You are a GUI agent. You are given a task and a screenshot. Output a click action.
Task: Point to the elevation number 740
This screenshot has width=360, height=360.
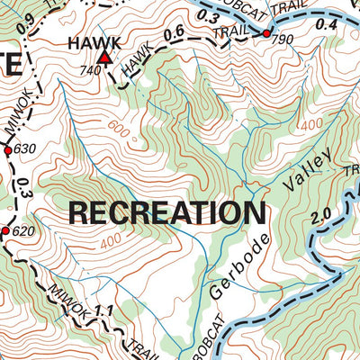pos(89,70)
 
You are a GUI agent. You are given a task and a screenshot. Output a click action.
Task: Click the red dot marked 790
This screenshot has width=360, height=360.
pos(266,33)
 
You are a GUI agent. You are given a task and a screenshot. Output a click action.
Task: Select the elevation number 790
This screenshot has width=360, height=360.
pos(282,40)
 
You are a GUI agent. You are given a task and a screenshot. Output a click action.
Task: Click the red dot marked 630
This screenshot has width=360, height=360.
pos(8,151)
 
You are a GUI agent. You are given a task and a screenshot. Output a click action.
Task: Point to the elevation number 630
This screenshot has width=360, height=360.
pos(23,148)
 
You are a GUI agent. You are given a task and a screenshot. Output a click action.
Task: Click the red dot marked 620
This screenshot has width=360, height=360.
pos(4,232)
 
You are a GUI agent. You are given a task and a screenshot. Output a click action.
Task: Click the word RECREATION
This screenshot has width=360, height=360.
pos(166,213)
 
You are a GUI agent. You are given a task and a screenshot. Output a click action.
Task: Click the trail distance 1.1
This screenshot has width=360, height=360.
pos(106,310)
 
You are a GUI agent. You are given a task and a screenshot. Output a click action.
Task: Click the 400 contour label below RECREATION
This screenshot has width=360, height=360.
pos(111,241)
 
